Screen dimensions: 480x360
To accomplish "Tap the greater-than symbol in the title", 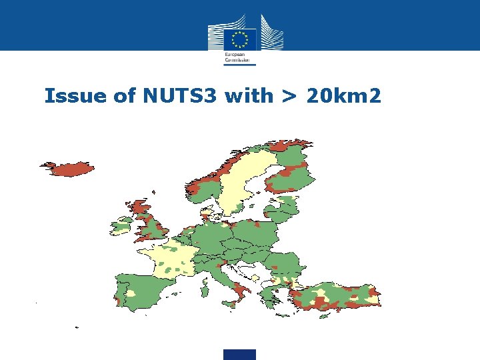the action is point(289,97).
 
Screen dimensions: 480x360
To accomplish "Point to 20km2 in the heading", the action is point(344,96).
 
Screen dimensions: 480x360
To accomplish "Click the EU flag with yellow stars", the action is point(239,39).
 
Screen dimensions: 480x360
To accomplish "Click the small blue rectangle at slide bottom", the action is point(240,354).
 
